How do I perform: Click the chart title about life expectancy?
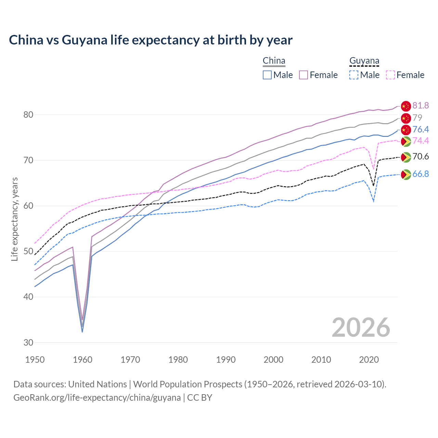pyautogui.click(x=151, y=40)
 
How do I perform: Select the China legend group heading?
pyautogui.click(x=274, y=61)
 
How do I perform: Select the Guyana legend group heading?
pyautogui.click(x=364, y=61)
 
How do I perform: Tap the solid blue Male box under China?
pyautogui.click(x=267, y=75)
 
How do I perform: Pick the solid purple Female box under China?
pyautogui.click(x=304, y=75)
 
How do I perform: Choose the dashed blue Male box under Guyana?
pyautogui.click(x=354, y=75)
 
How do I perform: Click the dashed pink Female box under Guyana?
pyautogui.click(x=390, y=75)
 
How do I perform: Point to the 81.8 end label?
pyautogui.click(x=421, y=105)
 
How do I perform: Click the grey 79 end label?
pyautogui.click(x=417, y=118)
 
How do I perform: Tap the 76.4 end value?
pyautogui.click(x=421, y=129)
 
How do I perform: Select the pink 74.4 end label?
pyautogui.click(x=421, y=141)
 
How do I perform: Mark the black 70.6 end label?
pyautogui.click(x=421, y=157)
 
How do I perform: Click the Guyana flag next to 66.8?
pyautogui.click(x=405, y=175)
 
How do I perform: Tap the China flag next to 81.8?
pyautogui.click(x=405, y=106)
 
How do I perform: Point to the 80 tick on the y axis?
pyautogui.click(x=28, y=115)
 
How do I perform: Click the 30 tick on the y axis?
pyautogui.click(x=28, y=343)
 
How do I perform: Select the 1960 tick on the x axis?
pyautogui.click(x=83, y=360)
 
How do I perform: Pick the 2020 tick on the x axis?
pyautogui.click(x=369, y=360)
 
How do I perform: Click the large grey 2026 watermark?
pyautogui.click(x=361, y=327)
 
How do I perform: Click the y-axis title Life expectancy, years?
pyautogui.click(x=14, y=219)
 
